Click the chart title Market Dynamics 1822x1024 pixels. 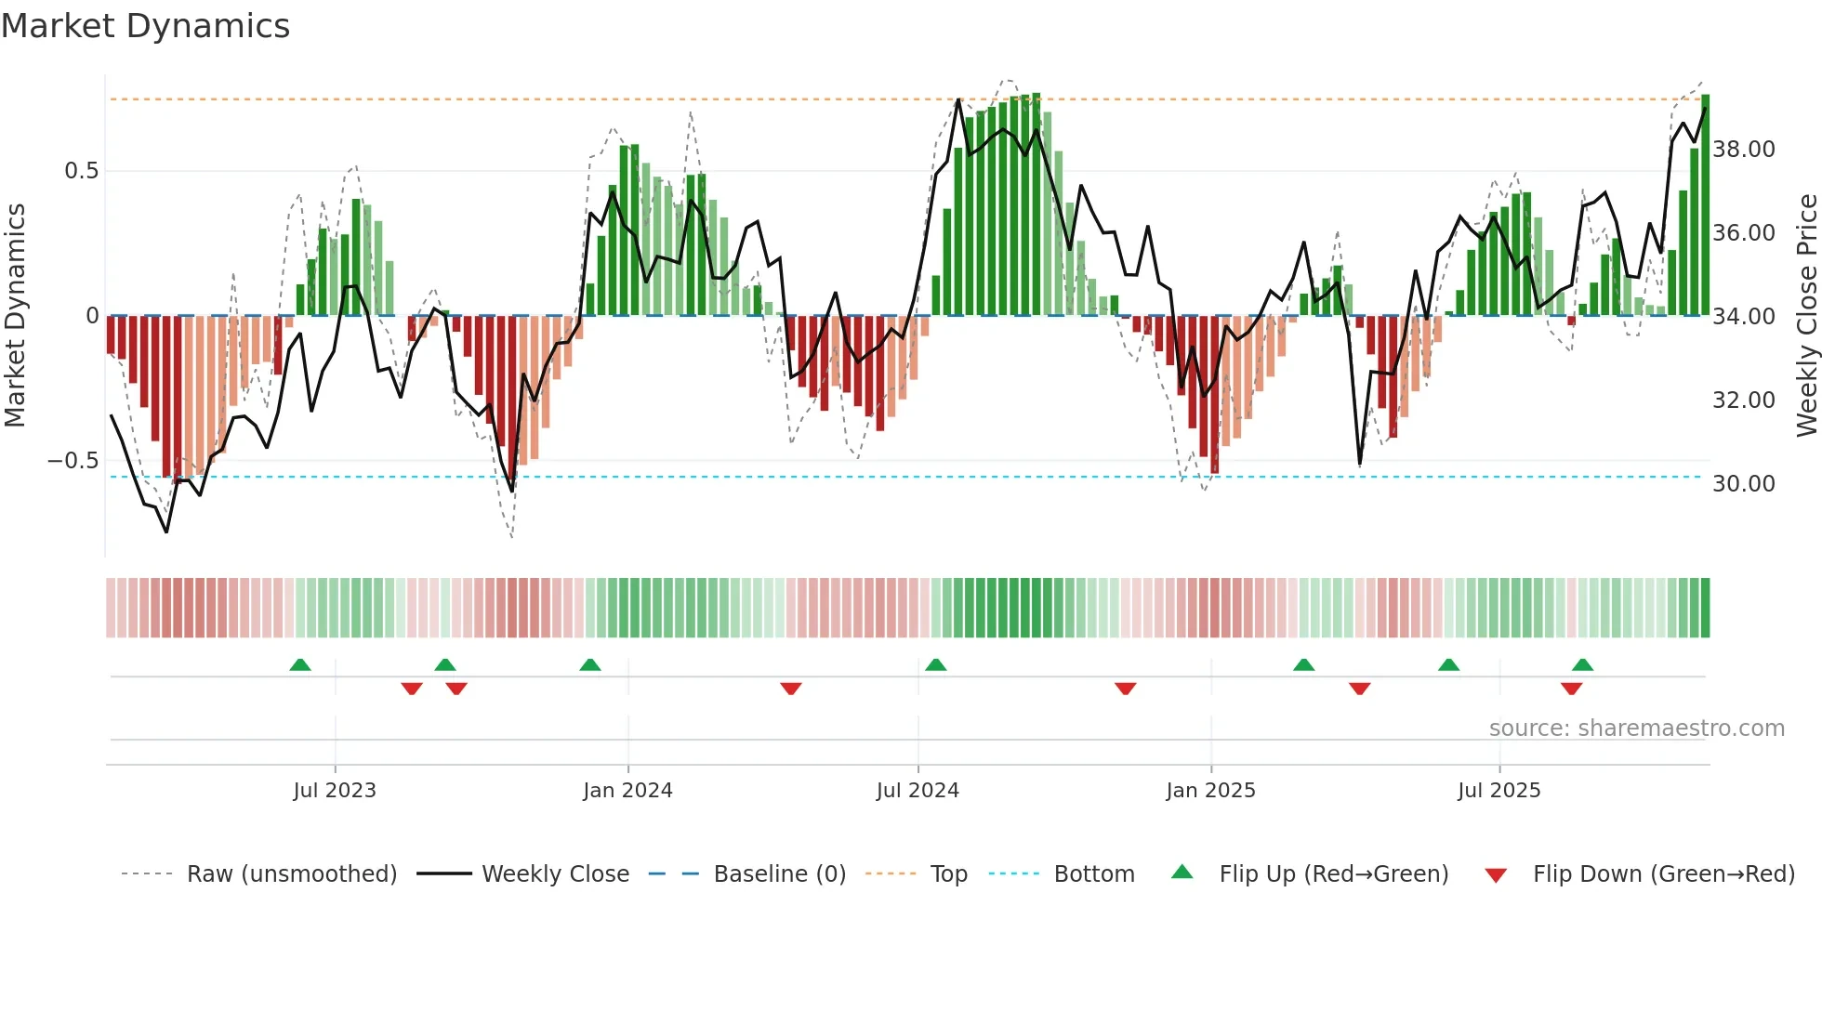coord(145,26)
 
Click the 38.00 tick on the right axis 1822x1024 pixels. coord(1743,150)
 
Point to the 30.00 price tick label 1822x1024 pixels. coord(1743,484)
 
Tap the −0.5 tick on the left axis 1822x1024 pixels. coord(73,461)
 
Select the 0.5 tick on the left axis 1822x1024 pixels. coord(81,171)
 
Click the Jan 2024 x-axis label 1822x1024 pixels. coord(627,791)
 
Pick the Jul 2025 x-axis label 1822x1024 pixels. coord(1499,791)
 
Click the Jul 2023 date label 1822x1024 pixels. coord(335,791)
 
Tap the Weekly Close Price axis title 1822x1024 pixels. coord(1806,316)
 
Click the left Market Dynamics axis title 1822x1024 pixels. coord(15,316)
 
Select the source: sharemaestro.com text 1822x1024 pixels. coord(1636,729)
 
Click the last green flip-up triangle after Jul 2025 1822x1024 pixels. coord(1582,664)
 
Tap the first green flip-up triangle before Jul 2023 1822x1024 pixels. coord(299,664)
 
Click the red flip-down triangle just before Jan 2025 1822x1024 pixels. coord(1125,689)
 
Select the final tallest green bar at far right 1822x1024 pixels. coord(1705,204)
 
